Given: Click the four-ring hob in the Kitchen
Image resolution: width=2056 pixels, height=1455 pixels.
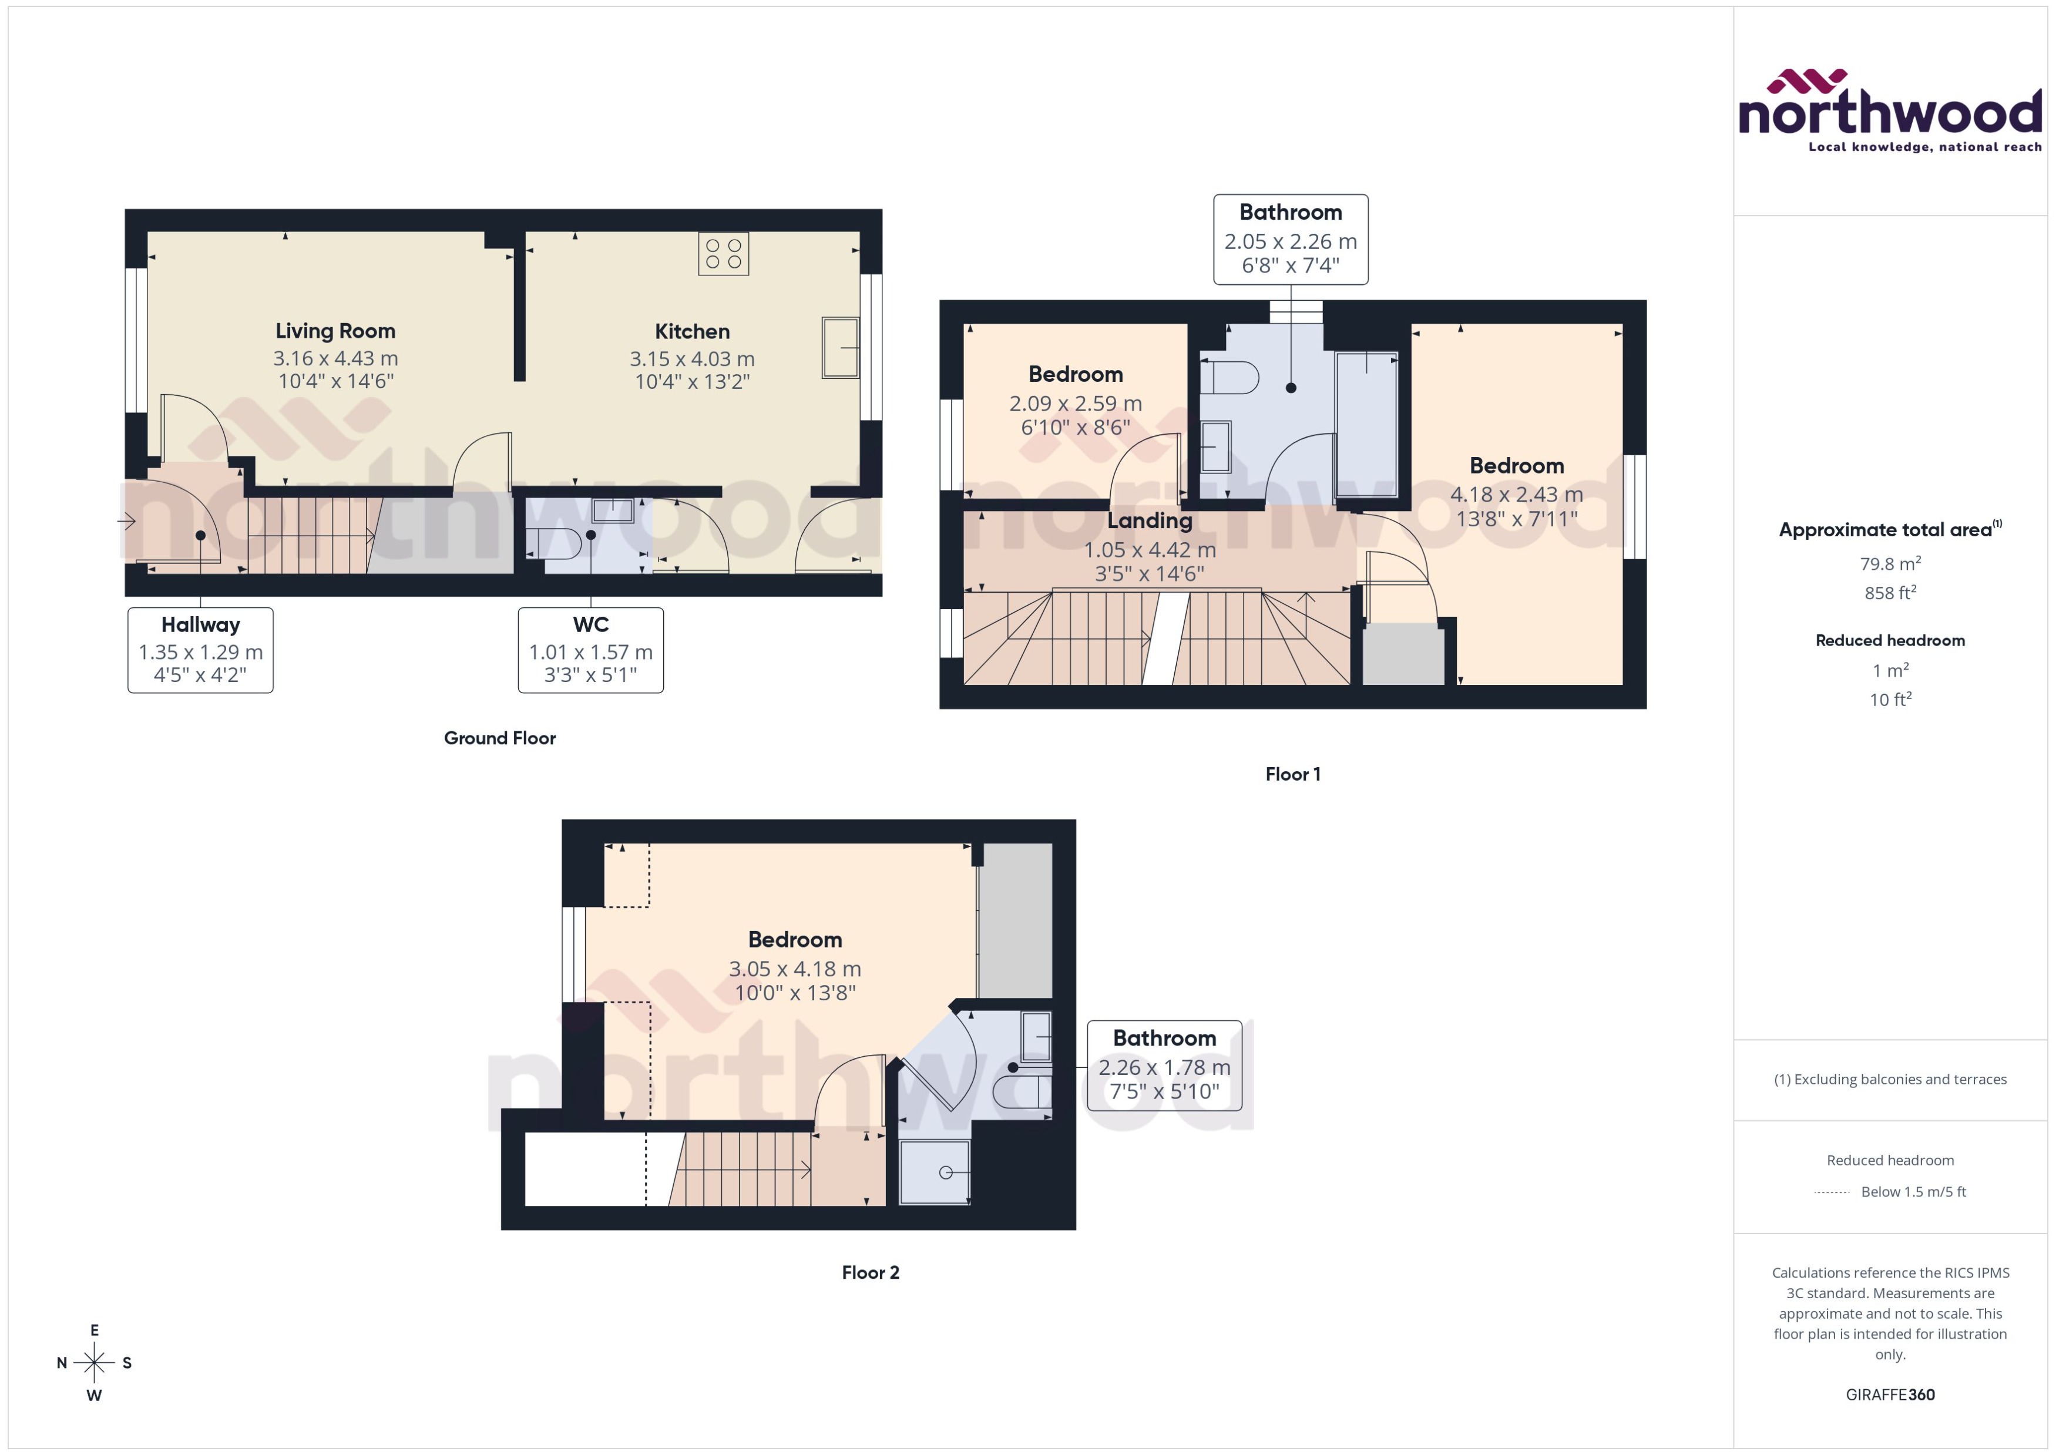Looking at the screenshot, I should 723,254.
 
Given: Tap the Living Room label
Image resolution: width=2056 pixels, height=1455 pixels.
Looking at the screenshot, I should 335,331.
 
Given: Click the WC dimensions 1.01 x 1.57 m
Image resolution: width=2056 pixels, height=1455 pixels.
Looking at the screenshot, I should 590,652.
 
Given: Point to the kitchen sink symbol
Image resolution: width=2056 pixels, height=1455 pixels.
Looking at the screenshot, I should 839,347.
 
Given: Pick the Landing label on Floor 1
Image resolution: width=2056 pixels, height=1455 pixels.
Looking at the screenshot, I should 1150,520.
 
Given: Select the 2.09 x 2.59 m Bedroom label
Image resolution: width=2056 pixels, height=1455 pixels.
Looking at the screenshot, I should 1075,375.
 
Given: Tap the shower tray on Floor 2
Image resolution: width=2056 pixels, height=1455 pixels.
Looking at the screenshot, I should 935,1172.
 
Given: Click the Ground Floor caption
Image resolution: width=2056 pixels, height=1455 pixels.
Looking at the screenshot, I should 500,738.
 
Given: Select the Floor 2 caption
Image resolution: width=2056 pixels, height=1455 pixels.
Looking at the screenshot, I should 870,1272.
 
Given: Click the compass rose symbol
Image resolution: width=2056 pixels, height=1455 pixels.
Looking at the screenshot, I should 94,1363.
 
